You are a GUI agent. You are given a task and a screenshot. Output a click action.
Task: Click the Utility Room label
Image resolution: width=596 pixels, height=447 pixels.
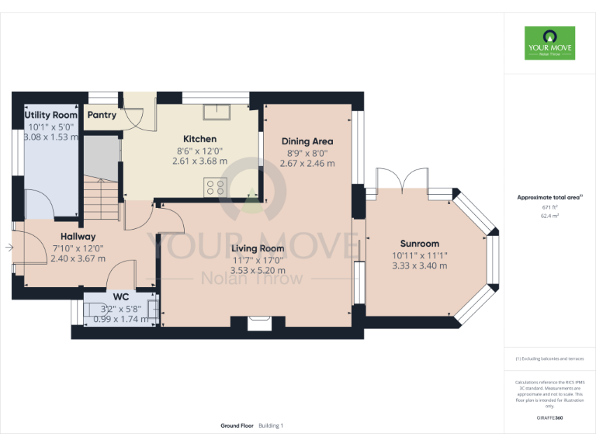(51, 115)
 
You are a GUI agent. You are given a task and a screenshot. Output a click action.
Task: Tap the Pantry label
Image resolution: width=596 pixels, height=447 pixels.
(102, 115)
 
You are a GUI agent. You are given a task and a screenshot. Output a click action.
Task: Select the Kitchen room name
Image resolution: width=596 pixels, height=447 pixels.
(199, 139)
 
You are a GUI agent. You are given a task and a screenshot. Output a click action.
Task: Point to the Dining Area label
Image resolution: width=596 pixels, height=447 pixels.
(307, 141)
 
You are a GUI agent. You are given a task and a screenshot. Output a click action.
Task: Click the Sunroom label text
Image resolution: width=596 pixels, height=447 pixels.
(420, 243)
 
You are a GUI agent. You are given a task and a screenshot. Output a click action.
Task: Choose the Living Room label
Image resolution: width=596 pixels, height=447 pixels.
(258, 248)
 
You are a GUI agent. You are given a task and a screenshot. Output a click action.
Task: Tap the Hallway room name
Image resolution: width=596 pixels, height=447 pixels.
(78, 236)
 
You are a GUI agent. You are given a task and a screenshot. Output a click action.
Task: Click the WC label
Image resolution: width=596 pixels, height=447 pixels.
(120, 296)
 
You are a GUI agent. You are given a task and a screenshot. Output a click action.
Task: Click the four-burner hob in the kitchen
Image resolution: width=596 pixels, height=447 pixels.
(215, 186)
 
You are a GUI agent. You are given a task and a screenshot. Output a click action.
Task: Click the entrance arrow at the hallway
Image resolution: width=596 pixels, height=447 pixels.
(9, 248)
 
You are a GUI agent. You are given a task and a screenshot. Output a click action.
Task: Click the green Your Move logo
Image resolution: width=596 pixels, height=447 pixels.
(549, 43)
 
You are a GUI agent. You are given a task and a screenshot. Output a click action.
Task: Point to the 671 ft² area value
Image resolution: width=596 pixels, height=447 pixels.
(549, 208)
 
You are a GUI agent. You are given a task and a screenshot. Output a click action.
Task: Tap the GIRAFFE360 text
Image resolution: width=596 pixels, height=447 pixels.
(549, 418)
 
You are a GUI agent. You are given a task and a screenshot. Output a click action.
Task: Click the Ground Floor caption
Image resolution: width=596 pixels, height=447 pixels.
(237, 426)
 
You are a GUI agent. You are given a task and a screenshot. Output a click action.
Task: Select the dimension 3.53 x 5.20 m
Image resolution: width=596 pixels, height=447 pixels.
(258, 271)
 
